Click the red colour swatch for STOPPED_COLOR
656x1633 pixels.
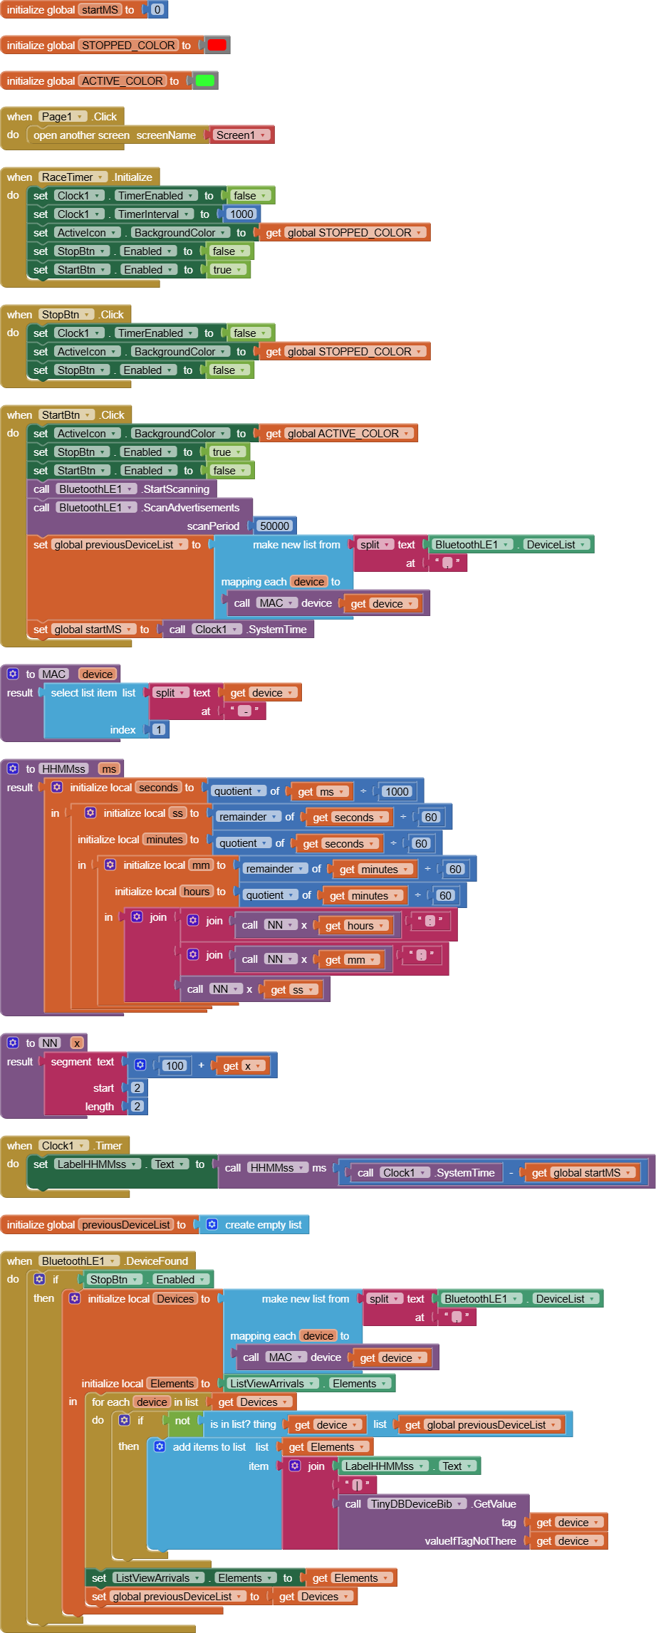click(217, 45)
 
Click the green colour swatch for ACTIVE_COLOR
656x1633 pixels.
click(204, 80)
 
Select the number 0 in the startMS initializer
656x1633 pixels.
click(157, 10)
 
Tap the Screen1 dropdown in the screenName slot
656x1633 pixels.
click(241, 135)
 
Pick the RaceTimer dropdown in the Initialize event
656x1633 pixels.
click(73, 177)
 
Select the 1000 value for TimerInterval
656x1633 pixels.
click(241, 214)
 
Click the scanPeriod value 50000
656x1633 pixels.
click(274, 526)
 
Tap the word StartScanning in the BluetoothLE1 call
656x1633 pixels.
click(177, 489)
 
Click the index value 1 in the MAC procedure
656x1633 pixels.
click(158, 729)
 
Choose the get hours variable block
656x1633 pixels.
click(355, 925)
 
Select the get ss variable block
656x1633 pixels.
click(292, 989)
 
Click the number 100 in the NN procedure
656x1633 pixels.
click(174, 1065)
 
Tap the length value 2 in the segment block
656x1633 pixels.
click(137, 1106)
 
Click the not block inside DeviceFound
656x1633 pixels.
click(182, 1420)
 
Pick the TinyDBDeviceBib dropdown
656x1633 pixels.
click(417, 1503)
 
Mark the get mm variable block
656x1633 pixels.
click(350, 959)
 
